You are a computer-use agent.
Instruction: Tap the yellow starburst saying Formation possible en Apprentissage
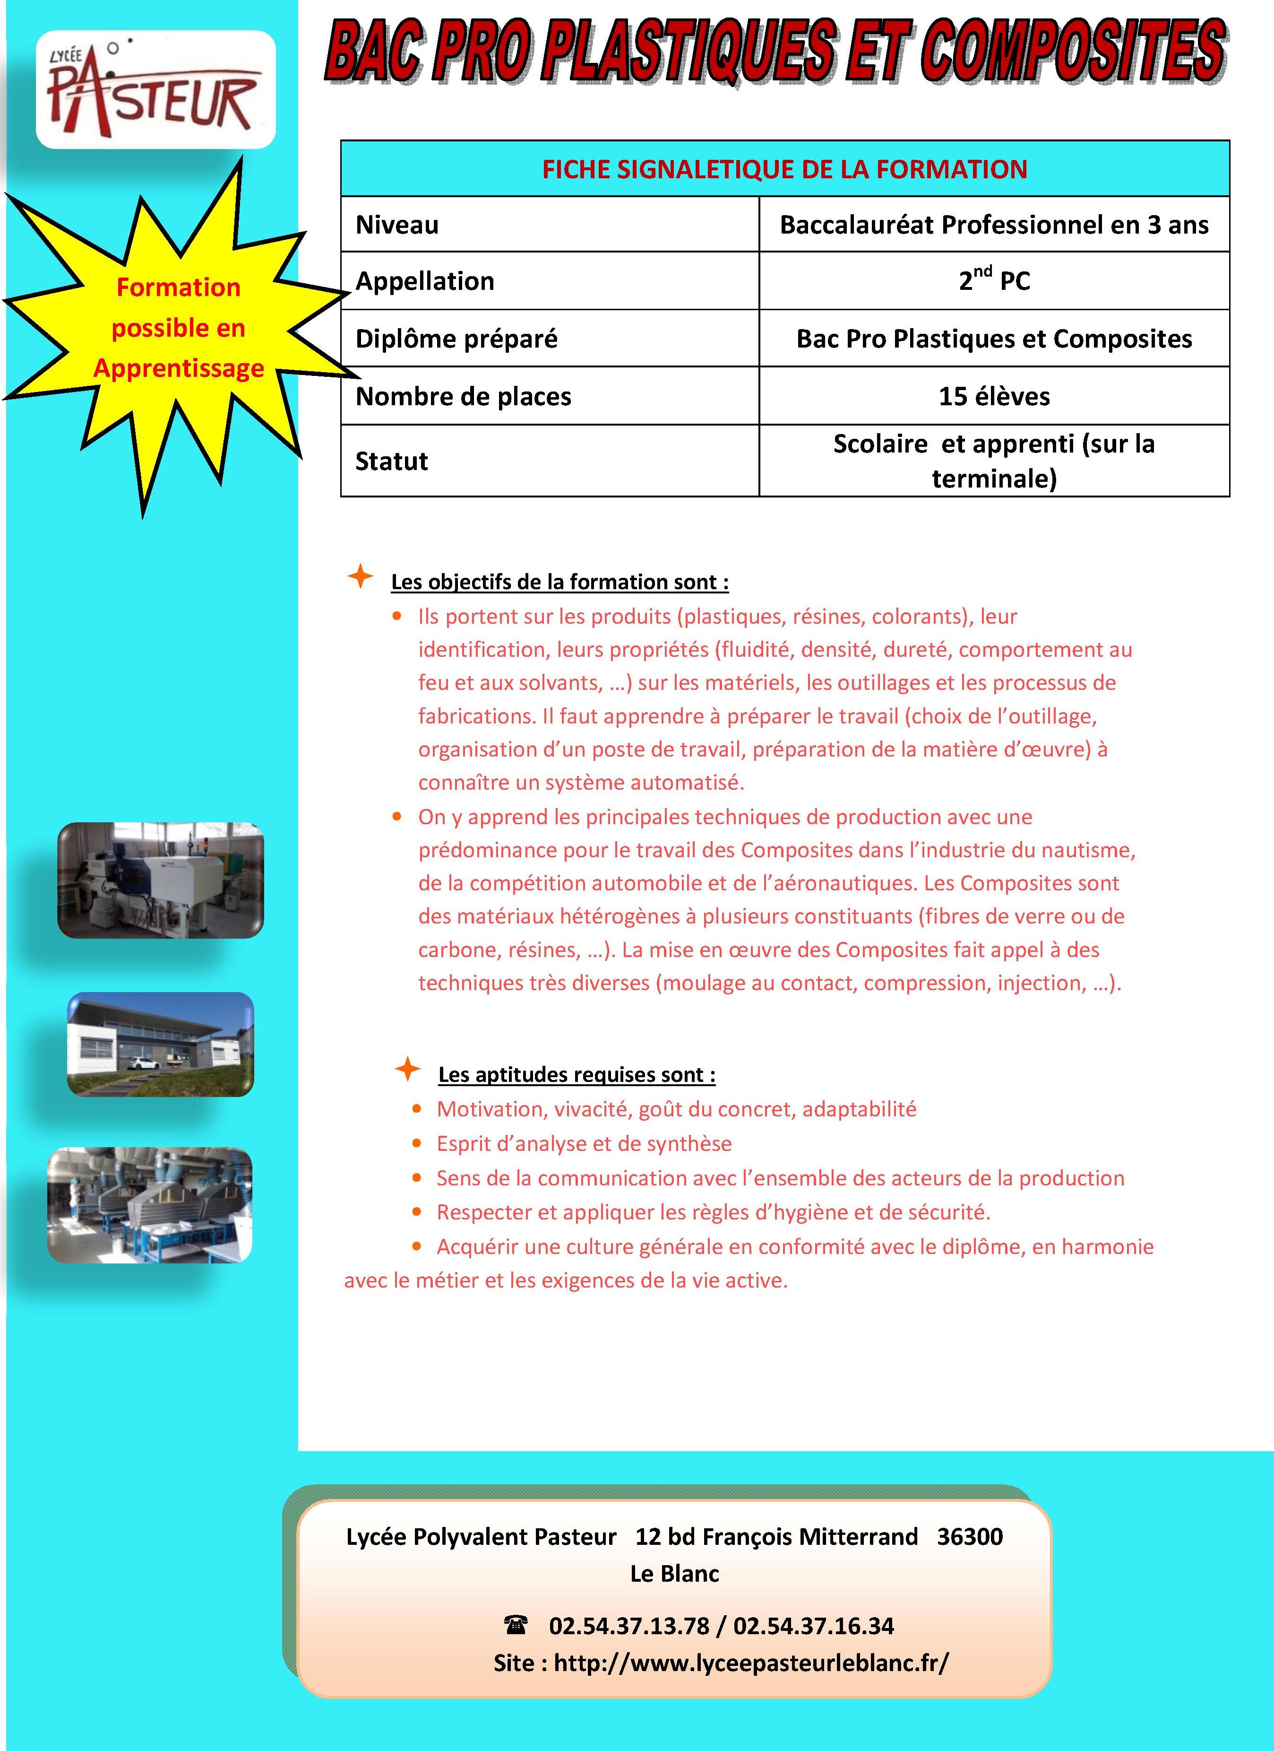coord(178,328)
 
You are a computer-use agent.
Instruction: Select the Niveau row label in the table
coord(396,225)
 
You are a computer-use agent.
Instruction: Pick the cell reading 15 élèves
coord(993,396)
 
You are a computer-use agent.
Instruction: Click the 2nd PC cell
coord(993,280)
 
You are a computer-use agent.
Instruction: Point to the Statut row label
coord(391,461)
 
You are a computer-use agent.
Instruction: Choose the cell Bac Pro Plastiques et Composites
coord(993,338)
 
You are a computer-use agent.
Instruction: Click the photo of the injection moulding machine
coord(161,880)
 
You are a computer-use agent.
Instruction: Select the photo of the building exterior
coord(161,1044)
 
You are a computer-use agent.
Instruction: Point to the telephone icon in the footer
coord(515,1624)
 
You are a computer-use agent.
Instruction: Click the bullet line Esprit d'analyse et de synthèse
coord(584,1143)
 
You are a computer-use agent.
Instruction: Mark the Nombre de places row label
coord(463,396)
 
